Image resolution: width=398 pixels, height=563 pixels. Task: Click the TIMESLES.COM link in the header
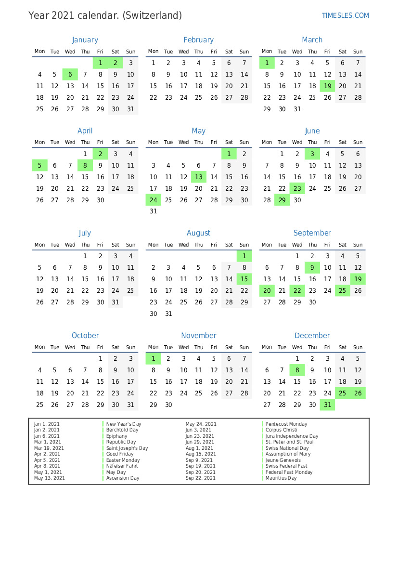pos(345,15)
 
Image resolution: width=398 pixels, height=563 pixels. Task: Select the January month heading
pos(85,40)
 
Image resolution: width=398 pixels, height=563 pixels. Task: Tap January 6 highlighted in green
pos(70,74)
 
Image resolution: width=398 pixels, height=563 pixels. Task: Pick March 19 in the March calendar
pos(327,86)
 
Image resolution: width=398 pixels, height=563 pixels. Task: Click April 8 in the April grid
pos(85,165)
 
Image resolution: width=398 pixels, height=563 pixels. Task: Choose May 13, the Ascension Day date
pos(199,177)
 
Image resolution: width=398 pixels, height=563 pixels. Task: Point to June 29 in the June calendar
pos(282,200)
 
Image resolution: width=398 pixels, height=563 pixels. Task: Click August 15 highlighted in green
pos(244,279)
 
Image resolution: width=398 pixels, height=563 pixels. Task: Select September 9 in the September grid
pos(312,267)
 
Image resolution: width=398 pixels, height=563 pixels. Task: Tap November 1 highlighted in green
pos(153,358)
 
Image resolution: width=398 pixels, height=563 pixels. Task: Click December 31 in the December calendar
pos(327,405)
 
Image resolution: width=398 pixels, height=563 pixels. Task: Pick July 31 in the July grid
pos(115,302)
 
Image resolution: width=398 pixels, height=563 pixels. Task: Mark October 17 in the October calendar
pos(130,381)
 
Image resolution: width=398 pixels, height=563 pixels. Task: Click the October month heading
pos(85,336)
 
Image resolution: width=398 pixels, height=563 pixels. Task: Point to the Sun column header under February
pos(244,52)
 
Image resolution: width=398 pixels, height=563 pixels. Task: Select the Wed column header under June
pos(297,142)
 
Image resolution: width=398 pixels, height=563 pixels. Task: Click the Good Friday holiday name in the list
pos(120,454)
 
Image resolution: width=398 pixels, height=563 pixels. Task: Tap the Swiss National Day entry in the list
pos(287,448)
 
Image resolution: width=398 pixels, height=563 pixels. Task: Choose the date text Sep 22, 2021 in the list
pos(201,478)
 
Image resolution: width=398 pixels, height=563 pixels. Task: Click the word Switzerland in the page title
pos(152,15)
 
